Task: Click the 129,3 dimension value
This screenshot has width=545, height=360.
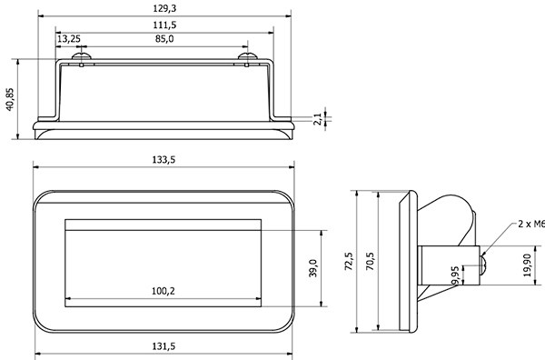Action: point(164,8)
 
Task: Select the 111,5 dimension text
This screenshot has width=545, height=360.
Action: point(164,25)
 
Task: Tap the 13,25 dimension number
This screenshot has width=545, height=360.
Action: point(69,39)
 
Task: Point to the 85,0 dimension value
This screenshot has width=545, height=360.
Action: point(164,39)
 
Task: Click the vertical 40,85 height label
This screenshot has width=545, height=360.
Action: point(10,99)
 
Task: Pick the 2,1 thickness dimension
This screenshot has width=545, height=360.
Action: point(318,119)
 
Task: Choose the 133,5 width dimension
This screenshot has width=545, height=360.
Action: point(163,160)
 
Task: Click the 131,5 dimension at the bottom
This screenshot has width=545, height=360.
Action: point(163,346)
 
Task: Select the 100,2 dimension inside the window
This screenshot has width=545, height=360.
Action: point(163,291)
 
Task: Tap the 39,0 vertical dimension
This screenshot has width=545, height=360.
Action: point(313,268)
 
